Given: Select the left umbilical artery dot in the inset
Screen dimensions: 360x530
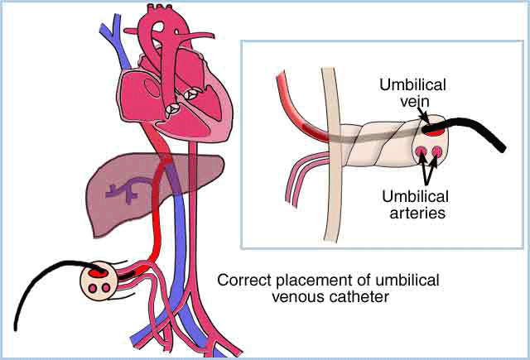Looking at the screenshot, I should click(x=423, y=151).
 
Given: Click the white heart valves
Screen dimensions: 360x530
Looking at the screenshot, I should click(x=181, y=100).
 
